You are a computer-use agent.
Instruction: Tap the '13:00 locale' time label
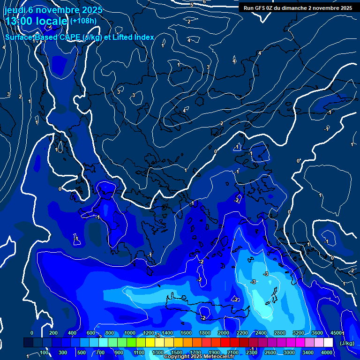pos(37,21)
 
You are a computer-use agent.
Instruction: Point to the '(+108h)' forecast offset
pos(83,21)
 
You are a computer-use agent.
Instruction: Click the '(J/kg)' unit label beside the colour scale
pos(347,343)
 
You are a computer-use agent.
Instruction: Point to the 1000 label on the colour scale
pos(129,333)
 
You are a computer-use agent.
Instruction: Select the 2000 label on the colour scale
pos(223,333)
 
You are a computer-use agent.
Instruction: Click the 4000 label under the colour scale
pos(327,352)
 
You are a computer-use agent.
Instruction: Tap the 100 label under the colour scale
pos(44,352)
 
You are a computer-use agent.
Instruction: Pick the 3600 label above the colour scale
pos(317,333)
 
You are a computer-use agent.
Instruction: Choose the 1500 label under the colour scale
pos(177,352)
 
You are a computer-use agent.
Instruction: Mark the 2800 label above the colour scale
pos(280,333)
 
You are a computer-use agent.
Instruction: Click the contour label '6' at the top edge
pos(204,2)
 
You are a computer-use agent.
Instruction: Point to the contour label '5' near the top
pos(192,5)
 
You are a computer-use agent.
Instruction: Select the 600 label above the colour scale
pos(91,333)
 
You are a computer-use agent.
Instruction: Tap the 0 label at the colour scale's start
pos(32,333)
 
